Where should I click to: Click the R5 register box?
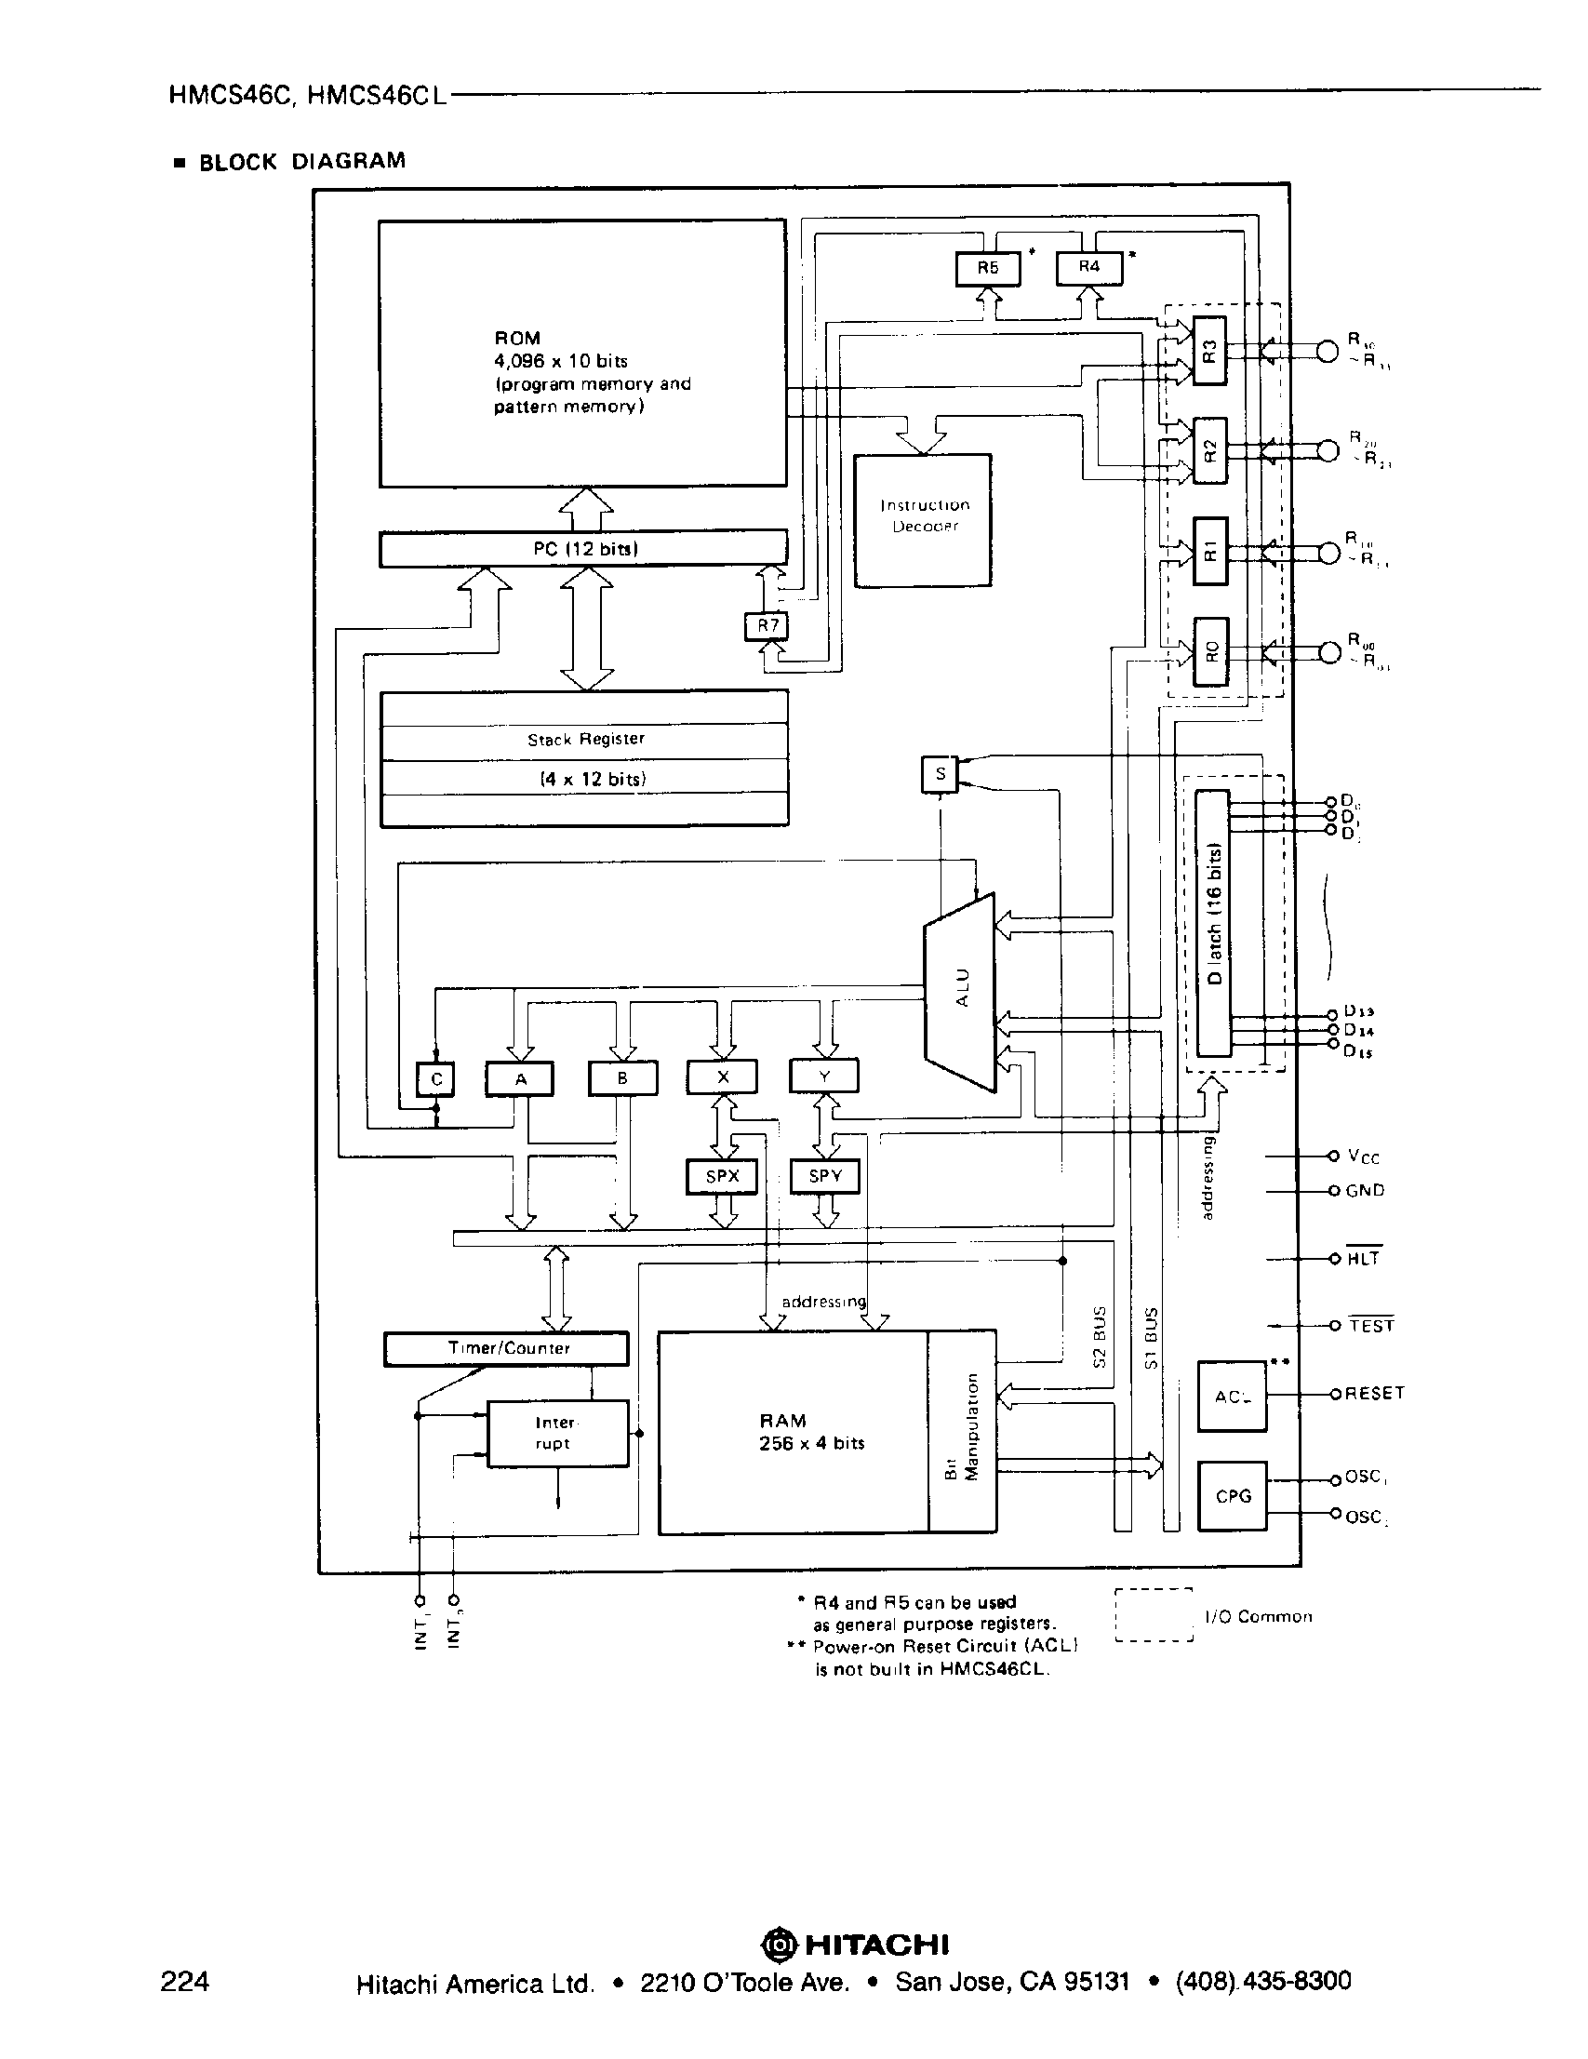(987, 269)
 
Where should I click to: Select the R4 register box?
(1088, 268)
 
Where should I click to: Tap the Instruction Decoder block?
(923, 520)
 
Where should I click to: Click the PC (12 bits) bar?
(583, 549)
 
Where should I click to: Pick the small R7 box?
(767, 626)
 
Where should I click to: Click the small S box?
(939, 775)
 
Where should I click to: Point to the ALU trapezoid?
(960, 993)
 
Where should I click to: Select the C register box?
(435, 1079)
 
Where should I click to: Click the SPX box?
(722, 1177)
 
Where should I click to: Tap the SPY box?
(824, 1177)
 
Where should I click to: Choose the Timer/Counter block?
(506, 1348)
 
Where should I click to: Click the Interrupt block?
(557, 1433)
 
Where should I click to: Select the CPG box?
(1232, 1496)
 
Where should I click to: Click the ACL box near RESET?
(1232, 1397)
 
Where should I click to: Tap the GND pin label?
(1365, 1191)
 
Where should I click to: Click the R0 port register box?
(1211, 651)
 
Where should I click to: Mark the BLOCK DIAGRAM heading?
(301, 161)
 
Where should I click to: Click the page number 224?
(185, 1981)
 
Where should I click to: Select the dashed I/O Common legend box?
(1154, 1615)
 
